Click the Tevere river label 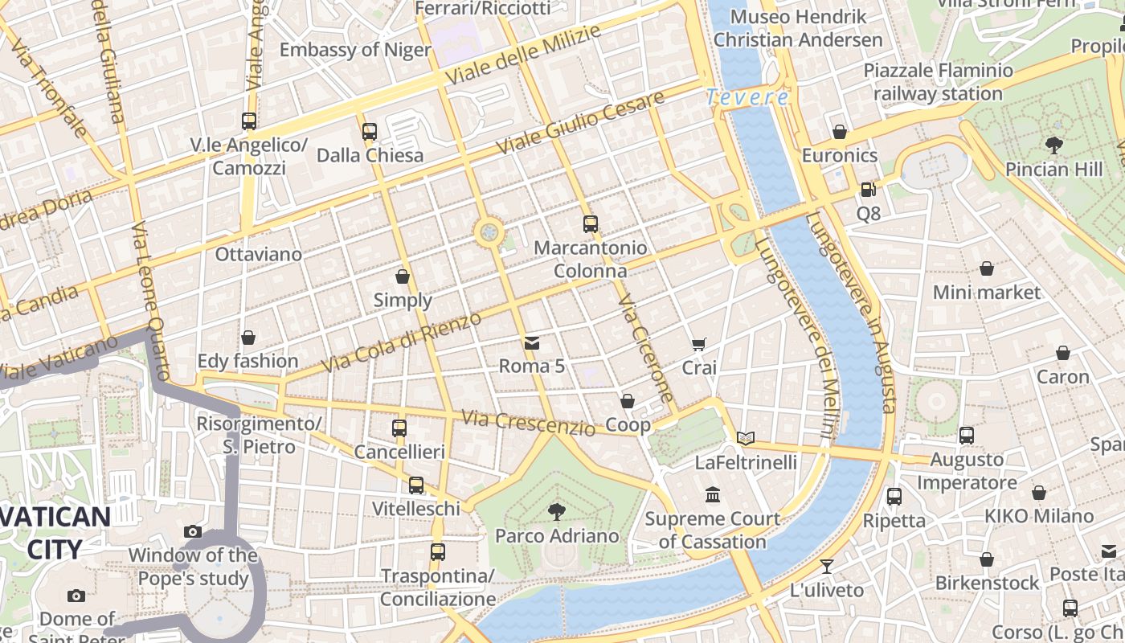tap(747, 98)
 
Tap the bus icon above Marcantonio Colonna tap(591, 224)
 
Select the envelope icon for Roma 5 tap(531, 343)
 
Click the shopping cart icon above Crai tap(699, 344)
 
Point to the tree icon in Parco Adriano tap(556, 511)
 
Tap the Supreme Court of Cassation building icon tap(712, 494)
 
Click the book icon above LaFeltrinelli tap(746, 438)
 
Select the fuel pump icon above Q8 tap(868, 190)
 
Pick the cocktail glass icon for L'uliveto tap(826, 567)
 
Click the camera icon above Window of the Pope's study tap(192, 531)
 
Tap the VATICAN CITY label tap(55, 533)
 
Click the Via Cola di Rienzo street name tap(402, 342)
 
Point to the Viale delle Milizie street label tap(523, 56)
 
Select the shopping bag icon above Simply tap(403, 276)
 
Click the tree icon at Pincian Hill tap(1053, 145)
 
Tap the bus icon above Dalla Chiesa tap(370, 131)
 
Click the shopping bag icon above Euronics tap(840, 131)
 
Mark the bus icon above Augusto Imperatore tap(966, 436)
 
